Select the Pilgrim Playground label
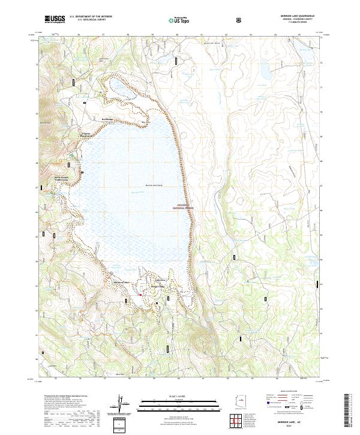(86, 135)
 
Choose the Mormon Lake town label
(122, 283)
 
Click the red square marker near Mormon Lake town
(140, 294)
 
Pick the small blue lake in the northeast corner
(265, 70)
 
